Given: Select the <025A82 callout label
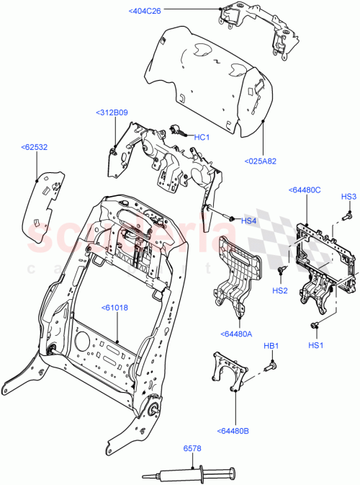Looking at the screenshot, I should [x=261, y=161].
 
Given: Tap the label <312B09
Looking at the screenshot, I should [x=111, y=112].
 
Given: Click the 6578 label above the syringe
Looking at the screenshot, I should [x=192, y=448].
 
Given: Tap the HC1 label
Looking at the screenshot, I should [x=202, y=138].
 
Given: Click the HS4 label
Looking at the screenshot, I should [x=248, y=221].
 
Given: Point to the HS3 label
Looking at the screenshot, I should [x=348, y=197].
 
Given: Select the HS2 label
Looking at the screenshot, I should [x=280, y=290].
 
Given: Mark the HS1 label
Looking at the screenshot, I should [x=316, y=345].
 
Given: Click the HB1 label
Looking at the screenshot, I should [x=271, y=347].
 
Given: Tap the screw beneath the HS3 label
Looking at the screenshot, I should [x=346, y=214].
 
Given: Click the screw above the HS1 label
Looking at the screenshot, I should [x=315, y=326].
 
